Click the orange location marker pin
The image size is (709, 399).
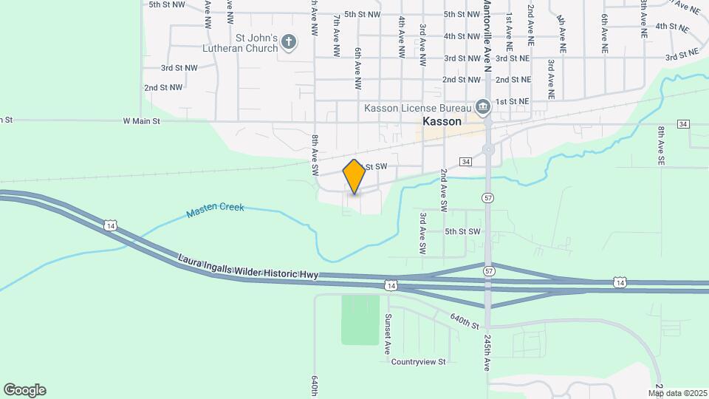354,177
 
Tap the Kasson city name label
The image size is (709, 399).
442,121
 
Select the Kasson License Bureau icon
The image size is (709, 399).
483,108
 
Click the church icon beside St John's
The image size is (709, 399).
289,42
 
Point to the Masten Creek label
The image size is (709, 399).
216,209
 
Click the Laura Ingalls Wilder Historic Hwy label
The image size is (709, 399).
247,267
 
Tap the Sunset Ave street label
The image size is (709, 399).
387,333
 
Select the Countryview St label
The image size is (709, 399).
419,362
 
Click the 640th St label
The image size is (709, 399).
465,321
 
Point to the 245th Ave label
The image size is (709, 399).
488,351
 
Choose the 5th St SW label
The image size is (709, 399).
462,231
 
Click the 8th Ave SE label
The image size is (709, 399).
662,146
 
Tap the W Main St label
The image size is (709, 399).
141,120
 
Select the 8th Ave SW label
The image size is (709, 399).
315,149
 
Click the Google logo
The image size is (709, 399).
24,390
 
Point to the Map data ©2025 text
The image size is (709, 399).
678,393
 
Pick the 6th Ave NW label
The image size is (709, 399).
357,69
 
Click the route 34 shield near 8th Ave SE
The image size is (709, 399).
682,123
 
